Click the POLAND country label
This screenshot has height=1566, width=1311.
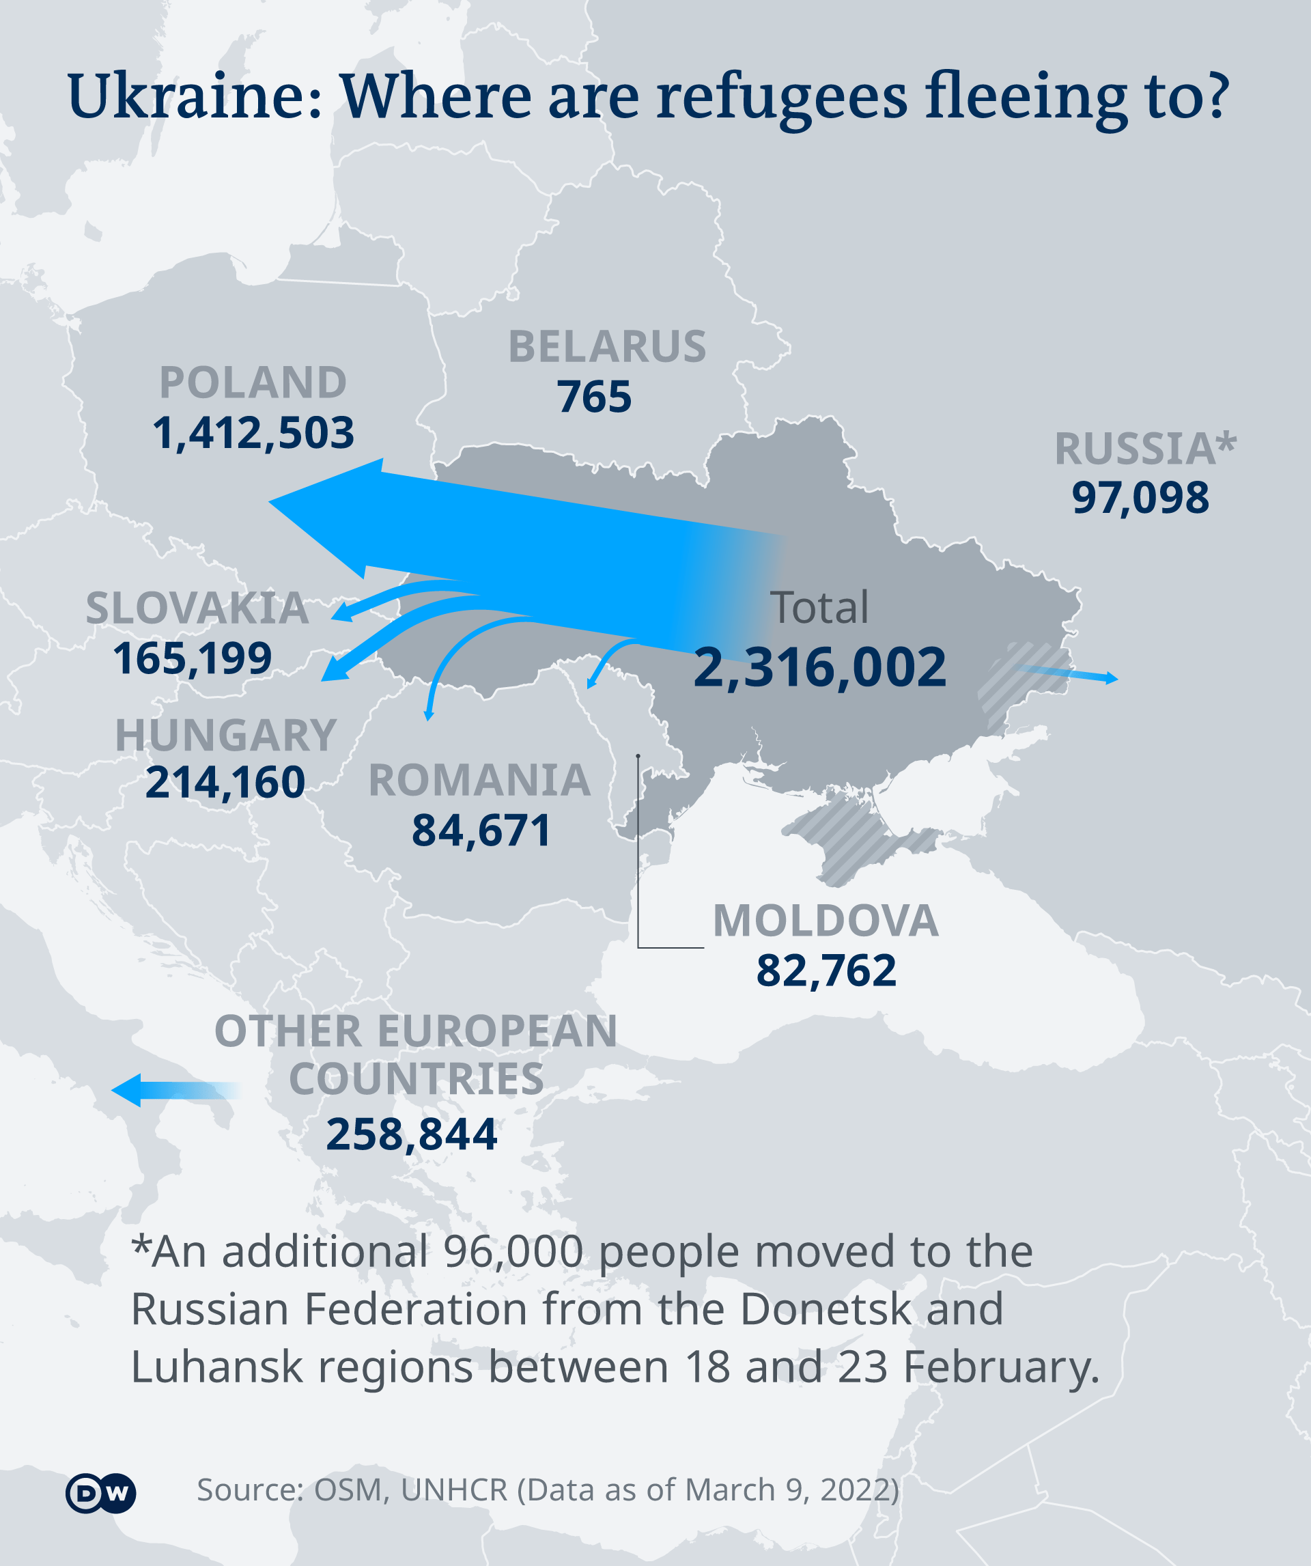(253, 383)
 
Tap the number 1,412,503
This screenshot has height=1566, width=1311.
(253, 433)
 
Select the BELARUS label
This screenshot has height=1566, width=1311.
(607, 348)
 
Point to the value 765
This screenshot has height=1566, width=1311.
(594, 397)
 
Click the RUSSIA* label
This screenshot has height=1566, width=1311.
(1144, 449)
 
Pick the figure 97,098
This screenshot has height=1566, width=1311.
(1140, 498)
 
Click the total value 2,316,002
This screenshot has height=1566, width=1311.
(819, 667)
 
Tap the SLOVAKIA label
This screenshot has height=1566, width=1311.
(197, 609)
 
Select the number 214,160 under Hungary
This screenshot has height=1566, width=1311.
(225, 783)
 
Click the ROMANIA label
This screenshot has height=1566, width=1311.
(479, 781)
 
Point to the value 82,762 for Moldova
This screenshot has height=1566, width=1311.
(826, 971)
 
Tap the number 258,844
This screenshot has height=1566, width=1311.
(412, 1134)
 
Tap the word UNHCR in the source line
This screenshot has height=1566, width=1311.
(454, 1490)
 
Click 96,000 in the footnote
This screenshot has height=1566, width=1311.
(513, 1252)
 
